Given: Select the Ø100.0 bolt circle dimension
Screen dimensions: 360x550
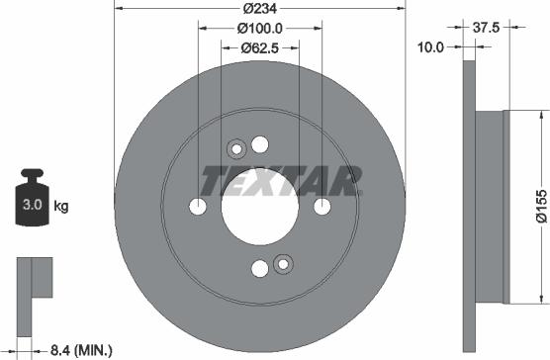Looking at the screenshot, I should pos(261,30).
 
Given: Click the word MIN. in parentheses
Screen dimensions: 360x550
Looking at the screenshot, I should pos(93,349).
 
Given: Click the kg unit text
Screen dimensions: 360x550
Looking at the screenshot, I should pos(60,207).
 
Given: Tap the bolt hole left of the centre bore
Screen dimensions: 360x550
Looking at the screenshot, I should pos(198,207).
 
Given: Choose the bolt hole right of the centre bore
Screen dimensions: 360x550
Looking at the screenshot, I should pos(322,207).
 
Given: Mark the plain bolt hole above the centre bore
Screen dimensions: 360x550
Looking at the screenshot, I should pos(260,144).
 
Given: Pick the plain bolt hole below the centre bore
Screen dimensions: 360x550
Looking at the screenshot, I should pos(260,269).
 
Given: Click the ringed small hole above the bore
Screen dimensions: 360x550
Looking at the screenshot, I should pos(236,150).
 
